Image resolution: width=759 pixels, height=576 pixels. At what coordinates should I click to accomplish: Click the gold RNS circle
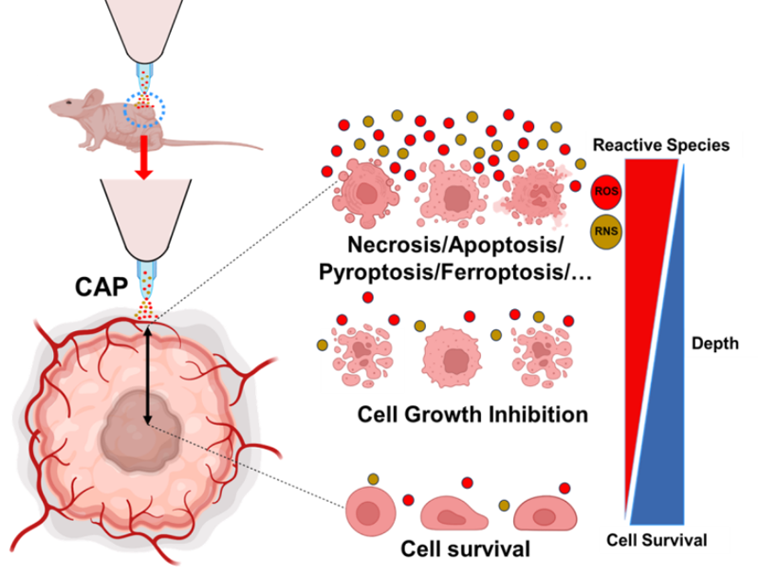(605, 229)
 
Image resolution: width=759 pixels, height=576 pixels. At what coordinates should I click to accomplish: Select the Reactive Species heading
(660, 145)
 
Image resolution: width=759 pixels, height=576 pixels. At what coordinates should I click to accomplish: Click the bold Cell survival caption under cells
(464, 548)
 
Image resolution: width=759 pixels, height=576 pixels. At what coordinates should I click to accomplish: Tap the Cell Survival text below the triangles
(657, 541)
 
